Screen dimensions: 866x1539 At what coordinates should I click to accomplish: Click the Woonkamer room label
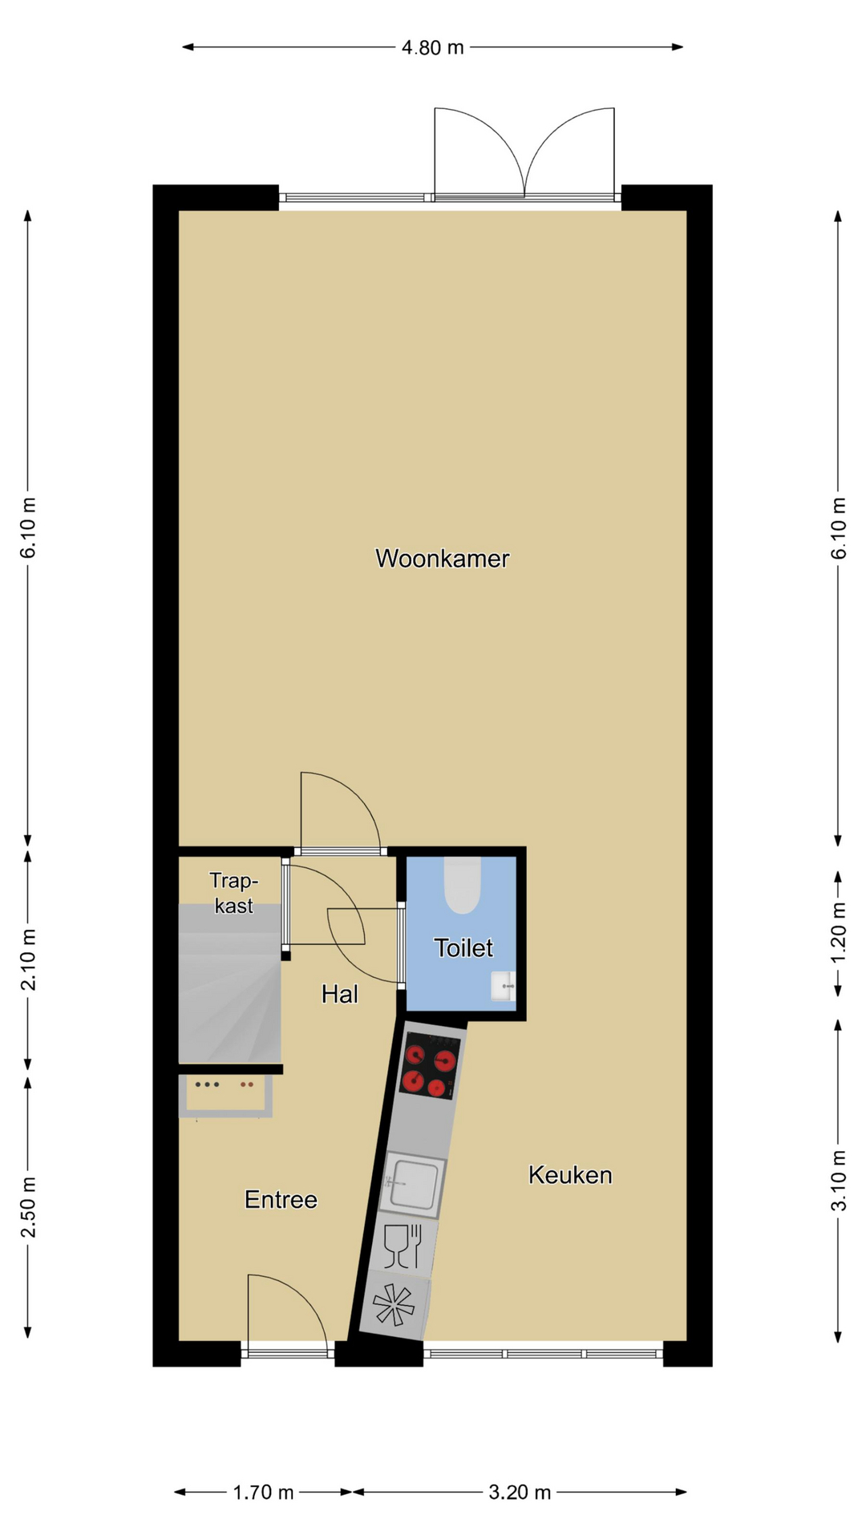(x=442, y=559)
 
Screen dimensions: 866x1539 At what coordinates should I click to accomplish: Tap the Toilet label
(x=463, y=948)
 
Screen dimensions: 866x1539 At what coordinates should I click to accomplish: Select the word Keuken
(x=570, y=1175)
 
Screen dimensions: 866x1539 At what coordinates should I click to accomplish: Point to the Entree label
(x=281, y=1200)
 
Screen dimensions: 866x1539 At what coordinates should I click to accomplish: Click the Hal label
(x=339, y=995)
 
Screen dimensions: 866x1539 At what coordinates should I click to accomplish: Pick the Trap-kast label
(x=233, y=893)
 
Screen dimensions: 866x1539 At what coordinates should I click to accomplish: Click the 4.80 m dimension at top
(x=433, y=47)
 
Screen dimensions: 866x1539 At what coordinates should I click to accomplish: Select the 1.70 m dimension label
(x=263, y=1493)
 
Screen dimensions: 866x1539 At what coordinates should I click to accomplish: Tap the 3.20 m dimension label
(x=520, y=1493)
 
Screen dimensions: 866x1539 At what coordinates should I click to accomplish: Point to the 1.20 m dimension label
(x=838, y=933)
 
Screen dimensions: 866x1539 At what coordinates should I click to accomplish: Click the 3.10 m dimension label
(x=838, y=1181)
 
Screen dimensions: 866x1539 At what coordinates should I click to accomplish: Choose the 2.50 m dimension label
(x=28, y=1207)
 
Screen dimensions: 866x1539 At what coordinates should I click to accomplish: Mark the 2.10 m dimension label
(x=28, y=959)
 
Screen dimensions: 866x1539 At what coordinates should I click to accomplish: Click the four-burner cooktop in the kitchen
(x=430, y=1065)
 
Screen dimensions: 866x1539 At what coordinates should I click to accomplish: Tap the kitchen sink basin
(x=414, y=1185)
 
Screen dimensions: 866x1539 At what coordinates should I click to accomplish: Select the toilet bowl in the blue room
(x=463, y=885)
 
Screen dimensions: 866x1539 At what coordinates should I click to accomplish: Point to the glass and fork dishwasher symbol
(x=403, y=1246)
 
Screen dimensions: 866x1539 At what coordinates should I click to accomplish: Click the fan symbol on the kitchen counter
(x=393, y=1305)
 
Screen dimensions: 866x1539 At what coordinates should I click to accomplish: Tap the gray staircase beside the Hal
(x=230, y=984)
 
